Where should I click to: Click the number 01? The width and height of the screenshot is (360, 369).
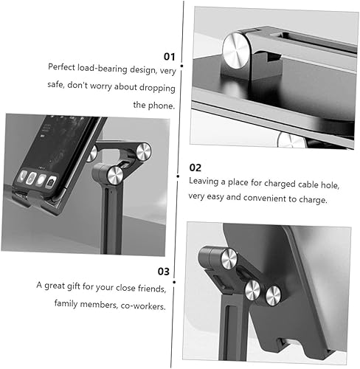tap(170, 57)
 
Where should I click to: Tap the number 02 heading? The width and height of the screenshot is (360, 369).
tap(195, 168)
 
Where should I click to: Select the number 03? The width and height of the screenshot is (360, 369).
tap(164, 272)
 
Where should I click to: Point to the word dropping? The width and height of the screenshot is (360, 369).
tap(157, 89)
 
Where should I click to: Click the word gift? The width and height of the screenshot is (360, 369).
tap(74, 286)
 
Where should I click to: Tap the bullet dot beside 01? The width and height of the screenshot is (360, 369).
tap(181, 66)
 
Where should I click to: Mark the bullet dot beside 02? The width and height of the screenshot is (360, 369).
tap(178, 176)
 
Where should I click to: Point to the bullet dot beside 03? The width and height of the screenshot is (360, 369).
tap(174, 282)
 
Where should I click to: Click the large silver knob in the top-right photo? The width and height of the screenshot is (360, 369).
tap(236, 51)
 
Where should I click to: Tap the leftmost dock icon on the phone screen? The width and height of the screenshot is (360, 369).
tap(23, 176)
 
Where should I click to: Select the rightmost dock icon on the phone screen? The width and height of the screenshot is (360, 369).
tap(52, 182)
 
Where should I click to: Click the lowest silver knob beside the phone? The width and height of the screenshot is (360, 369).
tap(115, 175)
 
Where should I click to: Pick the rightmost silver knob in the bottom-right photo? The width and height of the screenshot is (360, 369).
tap(273, 296)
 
